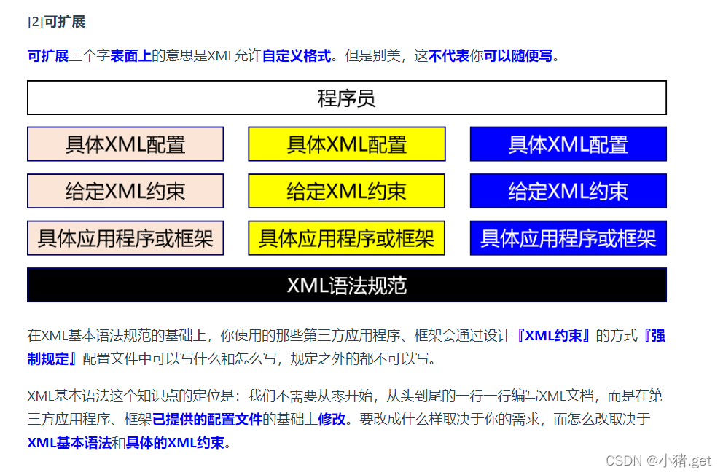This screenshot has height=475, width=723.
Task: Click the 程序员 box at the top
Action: pos(347,98)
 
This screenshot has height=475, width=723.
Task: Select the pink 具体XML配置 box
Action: pos(125,144)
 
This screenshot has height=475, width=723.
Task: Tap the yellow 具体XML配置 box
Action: pos(347,144)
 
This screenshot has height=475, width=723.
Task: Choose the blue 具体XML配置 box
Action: pos(568,144)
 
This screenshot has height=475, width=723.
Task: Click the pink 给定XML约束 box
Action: pos(125,191)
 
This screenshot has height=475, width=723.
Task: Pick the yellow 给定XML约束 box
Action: pos(347,191)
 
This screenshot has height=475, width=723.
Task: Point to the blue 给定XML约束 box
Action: pos(568,191)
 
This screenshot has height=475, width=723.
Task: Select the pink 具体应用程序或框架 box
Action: pos(125,238)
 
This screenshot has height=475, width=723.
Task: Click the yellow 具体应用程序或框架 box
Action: pos(347,238)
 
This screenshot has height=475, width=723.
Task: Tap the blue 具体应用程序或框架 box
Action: pos(568,238)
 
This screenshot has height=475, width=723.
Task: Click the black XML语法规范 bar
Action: pos(347,285)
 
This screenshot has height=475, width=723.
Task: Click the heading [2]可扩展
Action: pos(56,22)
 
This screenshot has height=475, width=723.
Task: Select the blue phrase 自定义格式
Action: pos(297,56)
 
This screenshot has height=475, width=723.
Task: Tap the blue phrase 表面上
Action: pos(131,56)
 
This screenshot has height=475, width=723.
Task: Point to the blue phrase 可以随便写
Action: pos(518,56)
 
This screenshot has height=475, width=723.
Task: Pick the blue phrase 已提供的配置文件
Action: pos(207,419)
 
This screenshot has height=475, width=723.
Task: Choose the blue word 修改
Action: pos(332,419)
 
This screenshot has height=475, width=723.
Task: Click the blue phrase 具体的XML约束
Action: pos(175,442)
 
